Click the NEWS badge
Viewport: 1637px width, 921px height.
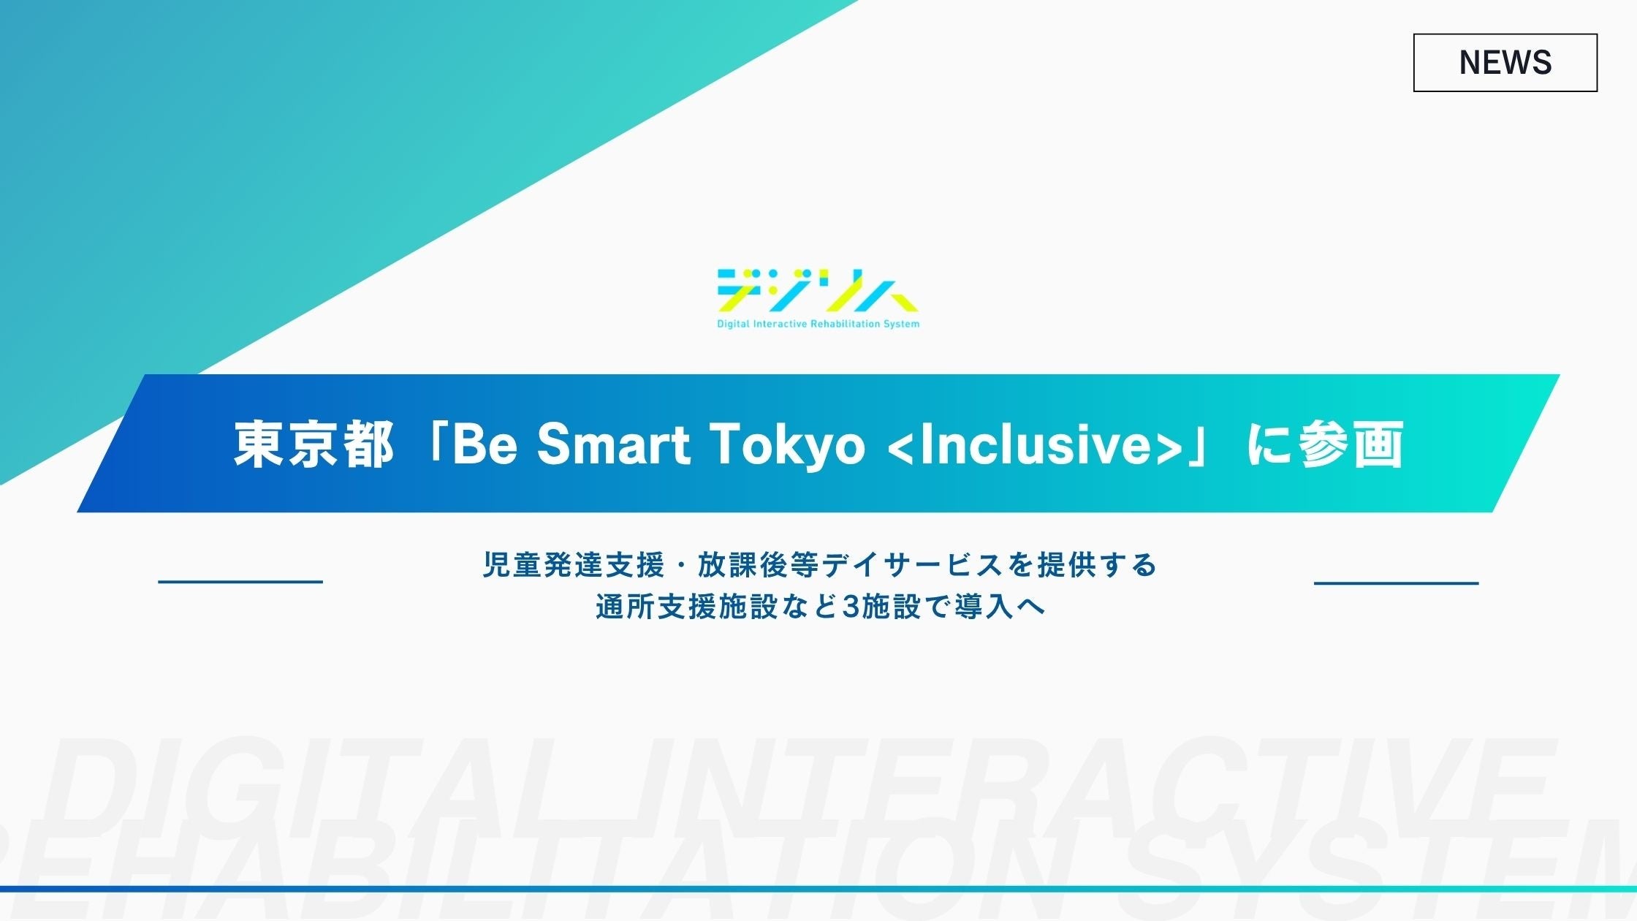(1505, 62)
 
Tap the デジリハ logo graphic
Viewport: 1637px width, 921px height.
(818, 291)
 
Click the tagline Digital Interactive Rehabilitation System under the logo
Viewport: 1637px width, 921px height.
(818, 324)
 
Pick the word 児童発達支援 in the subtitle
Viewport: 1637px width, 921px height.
(573, 564)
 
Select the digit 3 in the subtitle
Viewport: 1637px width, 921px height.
(851, 607)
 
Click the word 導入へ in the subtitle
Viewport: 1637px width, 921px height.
(1000, 607)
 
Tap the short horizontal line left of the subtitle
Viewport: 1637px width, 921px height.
(240, 582)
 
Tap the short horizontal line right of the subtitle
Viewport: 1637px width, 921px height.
(1396, 583)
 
